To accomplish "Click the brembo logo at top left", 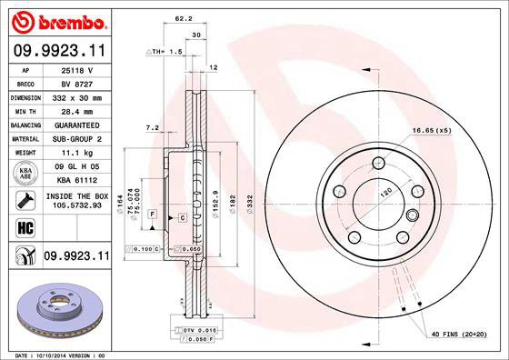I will [x=56, y=20].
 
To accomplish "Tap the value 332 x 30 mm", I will [x=76, y=95].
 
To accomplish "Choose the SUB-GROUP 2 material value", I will [x=76, y=138].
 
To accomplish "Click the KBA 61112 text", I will [x=76, y=180].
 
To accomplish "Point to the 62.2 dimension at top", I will [x=183, y=18].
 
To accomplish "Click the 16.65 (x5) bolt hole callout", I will [x=432, y=131].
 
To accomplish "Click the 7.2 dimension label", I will [x=152, y=128].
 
